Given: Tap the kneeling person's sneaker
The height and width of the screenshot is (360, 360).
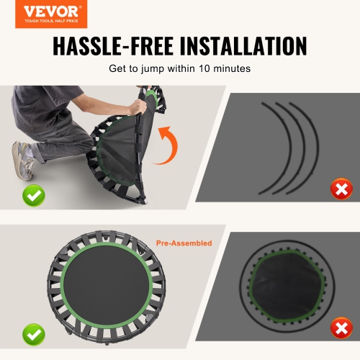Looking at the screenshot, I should pos(22,160).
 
